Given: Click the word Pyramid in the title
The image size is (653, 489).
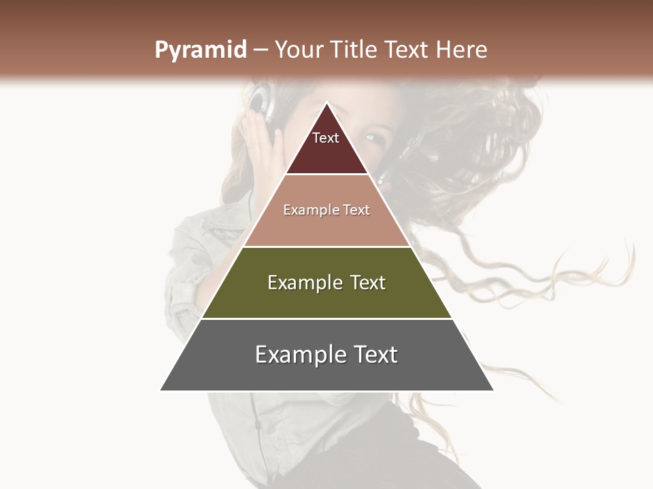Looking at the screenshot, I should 201,50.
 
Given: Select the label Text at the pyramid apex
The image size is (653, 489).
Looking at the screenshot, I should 326,138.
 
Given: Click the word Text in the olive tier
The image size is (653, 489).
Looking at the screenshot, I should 367,283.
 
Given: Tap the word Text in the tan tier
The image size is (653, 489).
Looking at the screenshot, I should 357,210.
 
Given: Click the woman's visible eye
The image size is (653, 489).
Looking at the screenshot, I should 374,138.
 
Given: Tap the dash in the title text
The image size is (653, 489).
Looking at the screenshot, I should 260,50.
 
